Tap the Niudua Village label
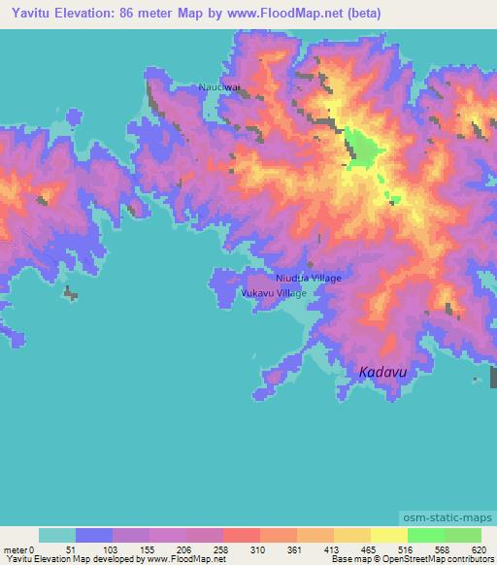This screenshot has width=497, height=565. coord(308,278)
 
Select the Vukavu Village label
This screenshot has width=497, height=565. coord(273,292)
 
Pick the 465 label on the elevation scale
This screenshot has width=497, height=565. coord(369,549)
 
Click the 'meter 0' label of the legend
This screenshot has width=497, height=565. coord(21,549)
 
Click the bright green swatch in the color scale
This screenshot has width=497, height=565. coord(425,535)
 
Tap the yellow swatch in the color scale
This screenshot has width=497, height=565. coord(388,535)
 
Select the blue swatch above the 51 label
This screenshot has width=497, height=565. coord(94,535)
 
